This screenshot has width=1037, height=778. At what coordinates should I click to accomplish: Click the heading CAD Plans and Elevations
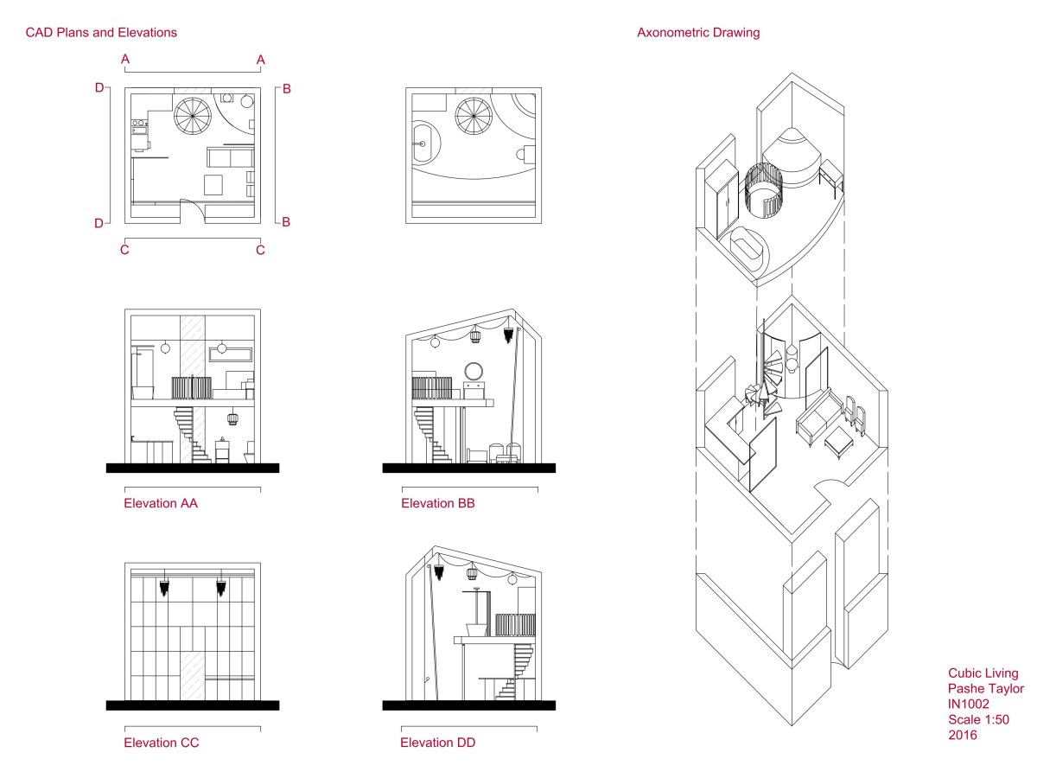[x=101, y=33]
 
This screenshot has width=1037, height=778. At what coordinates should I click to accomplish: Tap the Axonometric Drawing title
[x=698, y=33]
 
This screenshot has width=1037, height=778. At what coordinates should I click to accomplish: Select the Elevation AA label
[x=161, y=503]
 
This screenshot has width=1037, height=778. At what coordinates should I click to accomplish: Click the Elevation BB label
[x=437, y=503]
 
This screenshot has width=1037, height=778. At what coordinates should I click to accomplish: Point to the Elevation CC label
[x=161, y=743]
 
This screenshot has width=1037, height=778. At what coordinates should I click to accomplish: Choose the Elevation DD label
[x=437, y=743]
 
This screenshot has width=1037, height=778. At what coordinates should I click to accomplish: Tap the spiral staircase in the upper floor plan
[x=473, y=115]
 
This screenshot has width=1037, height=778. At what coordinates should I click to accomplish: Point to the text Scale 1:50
[x=978, y=720]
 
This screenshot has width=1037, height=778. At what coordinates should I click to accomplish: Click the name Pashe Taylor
[x=985, y=689]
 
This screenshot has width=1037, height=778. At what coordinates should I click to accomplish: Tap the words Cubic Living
[x=983, y=673]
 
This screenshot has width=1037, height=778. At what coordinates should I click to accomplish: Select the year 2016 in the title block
[x=962, y=736]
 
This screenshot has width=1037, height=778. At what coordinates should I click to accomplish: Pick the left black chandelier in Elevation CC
[x=164, y=589]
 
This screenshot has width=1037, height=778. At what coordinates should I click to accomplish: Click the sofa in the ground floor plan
[x=231, y=158]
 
